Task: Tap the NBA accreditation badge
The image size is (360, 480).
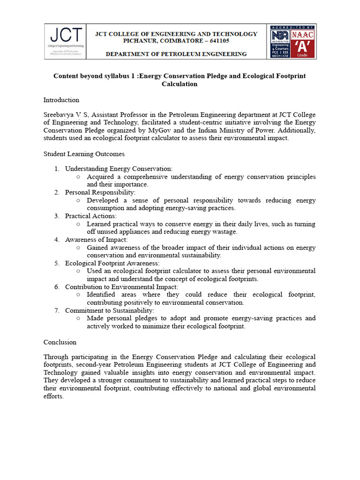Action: pos(280,41)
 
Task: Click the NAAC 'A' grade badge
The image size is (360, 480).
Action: pos(303,41)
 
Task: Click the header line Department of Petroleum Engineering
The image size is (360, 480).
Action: pos(176,54)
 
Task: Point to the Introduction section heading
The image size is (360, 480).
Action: pos(61,100)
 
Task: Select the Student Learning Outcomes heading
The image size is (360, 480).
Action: pos(84,154)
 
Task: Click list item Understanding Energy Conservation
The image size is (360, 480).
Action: pos(119,169)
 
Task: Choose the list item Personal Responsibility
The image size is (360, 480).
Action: pos(100,192)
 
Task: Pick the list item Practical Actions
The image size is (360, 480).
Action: pos(90,216)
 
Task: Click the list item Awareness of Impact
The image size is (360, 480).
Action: pos(96,240)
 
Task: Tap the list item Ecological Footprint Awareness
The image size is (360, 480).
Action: pos(112,263)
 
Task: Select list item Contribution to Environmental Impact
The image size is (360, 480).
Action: pos(121,287)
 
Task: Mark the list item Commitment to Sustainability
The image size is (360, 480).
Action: pos(109,310)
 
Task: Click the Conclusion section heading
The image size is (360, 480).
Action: pos(60,342)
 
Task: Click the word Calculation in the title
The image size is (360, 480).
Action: pos(180,84)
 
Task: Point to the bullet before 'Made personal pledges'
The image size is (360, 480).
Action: pos(78,318)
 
